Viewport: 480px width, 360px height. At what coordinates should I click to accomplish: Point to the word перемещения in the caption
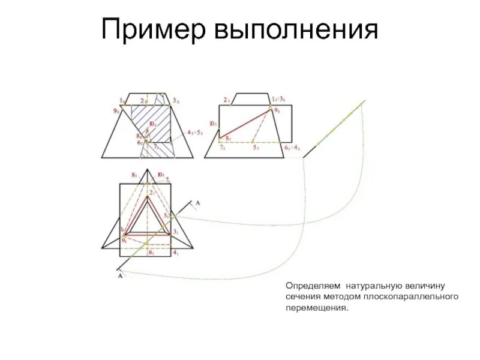click(316, 308)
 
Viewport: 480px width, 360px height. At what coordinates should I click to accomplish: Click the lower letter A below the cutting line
click(119, 277)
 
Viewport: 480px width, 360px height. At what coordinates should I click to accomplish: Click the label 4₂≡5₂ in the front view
click(196, 131)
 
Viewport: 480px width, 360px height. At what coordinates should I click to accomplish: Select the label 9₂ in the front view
click(115, 110)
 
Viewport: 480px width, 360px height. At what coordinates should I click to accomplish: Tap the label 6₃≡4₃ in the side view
click(292, 148)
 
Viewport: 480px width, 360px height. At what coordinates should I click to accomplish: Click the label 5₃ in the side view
click(256, 148)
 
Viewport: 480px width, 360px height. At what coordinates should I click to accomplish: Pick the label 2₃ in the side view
click(227, 100)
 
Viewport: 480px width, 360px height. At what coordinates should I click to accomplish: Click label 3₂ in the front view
click(175, 100)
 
